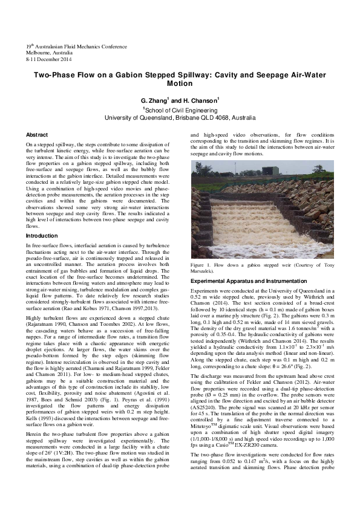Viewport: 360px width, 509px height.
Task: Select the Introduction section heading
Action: tap(41, 235)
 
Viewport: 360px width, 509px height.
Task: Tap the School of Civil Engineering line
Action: tap(180, 109)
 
